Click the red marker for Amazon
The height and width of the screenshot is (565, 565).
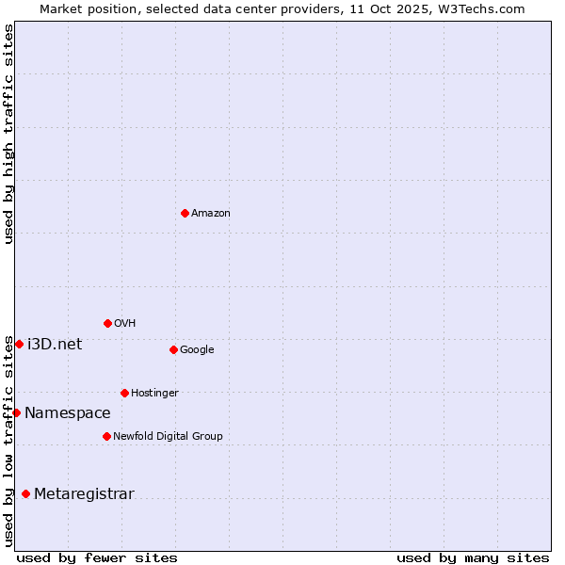tap(185, 213)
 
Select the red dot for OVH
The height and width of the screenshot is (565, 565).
tap(107, 323)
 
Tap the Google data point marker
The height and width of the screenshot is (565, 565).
tap(173, 349)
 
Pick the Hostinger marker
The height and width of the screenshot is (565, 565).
tap(124, 393)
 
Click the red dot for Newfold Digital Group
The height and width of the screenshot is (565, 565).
tap(106, 436)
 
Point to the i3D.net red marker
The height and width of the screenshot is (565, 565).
tap(19, 344)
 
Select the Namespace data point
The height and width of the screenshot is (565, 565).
tap(16, 412)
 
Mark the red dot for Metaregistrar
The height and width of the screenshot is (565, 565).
tap(25, 493)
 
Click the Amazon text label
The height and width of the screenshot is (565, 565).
tap(211, 214)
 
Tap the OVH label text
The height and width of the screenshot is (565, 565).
tap(125, 324)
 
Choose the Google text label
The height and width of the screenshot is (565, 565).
tap(197, 350)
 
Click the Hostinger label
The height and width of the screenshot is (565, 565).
tap(154, 394)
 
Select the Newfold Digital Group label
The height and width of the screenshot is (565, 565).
tap(168, 437)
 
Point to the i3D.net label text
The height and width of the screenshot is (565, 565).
tap(55, 345)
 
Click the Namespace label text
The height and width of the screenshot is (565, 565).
tap(68, 413)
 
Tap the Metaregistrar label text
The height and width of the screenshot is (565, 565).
tap(84, 494)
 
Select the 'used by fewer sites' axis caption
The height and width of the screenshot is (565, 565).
tap(97, 557)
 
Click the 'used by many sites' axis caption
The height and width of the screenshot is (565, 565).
tap(473, 557)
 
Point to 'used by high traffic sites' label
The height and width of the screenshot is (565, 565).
tap(8, 134)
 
